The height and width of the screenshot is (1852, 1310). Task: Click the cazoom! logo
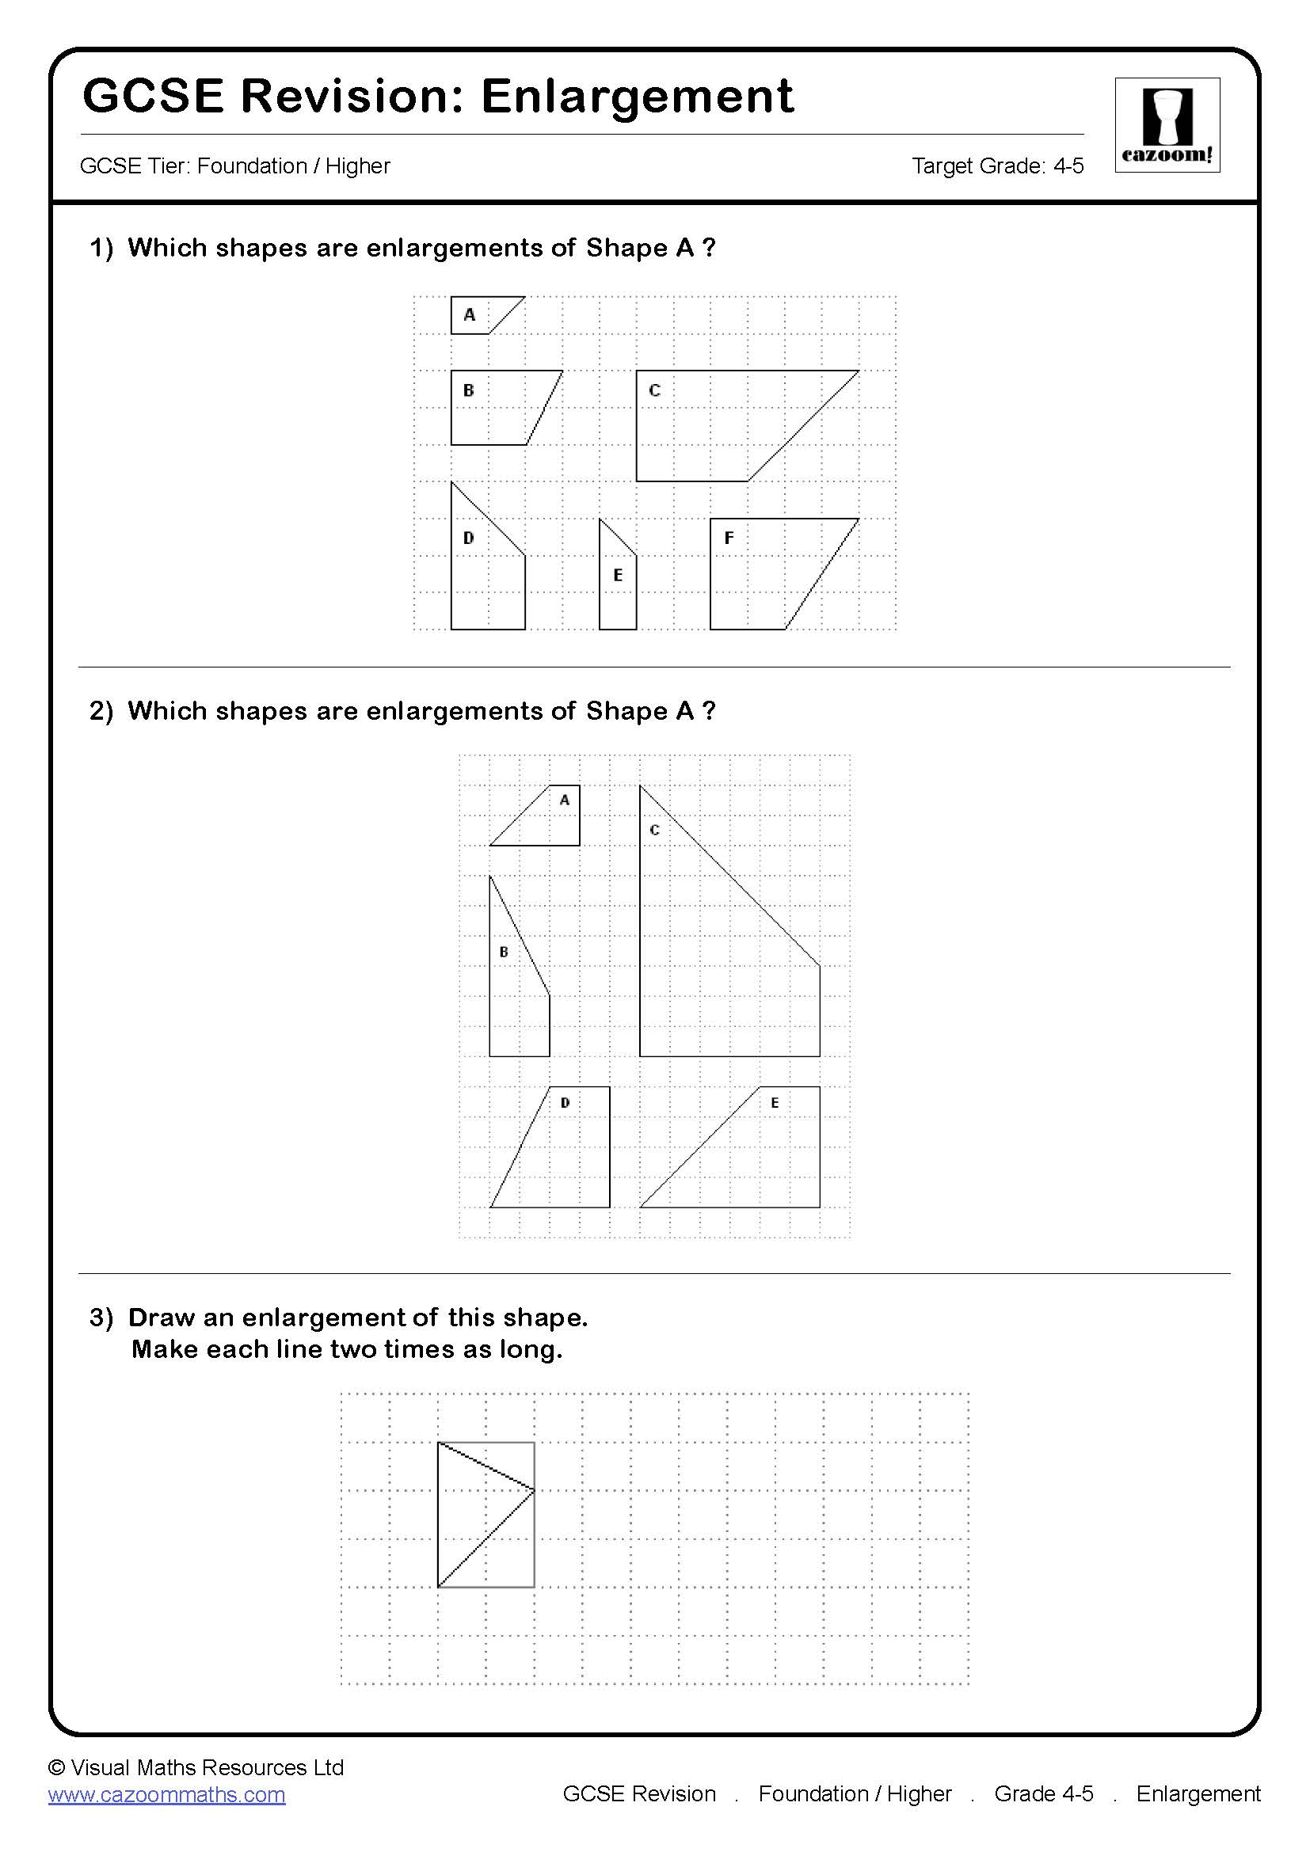coord(1167,124)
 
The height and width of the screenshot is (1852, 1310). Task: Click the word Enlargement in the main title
coord(638,97)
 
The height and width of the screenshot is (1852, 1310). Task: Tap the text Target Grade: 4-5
coord(997,166)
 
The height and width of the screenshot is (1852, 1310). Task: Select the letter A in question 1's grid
coord(470,314)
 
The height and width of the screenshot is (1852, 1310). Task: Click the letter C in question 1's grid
coord(654,390)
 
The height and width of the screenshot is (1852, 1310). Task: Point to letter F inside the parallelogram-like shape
coord(729,538)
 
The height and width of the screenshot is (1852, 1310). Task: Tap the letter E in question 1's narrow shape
coord(618,575)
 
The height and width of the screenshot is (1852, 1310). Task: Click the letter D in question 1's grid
coord(469,538)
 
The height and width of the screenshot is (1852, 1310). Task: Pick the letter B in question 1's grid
coord(469,390)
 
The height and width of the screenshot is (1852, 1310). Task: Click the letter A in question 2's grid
coord(565,801)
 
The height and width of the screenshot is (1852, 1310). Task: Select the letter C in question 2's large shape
coord(654,830)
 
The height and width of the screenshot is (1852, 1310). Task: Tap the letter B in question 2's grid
coord(505,952)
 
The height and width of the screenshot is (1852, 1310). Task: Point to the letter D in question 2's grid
coord(565,1103)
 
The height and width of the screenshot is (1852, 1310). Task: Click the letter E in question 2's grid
coord(775,1103)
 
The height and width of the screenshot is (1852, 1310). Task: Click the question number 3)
coord(101,1318)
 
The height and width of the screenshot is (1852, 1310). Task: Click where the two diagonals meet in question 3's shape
coord(534,1490)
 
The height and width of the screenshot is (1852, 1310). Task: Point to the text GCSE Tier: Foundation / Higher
coord(234,166)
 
